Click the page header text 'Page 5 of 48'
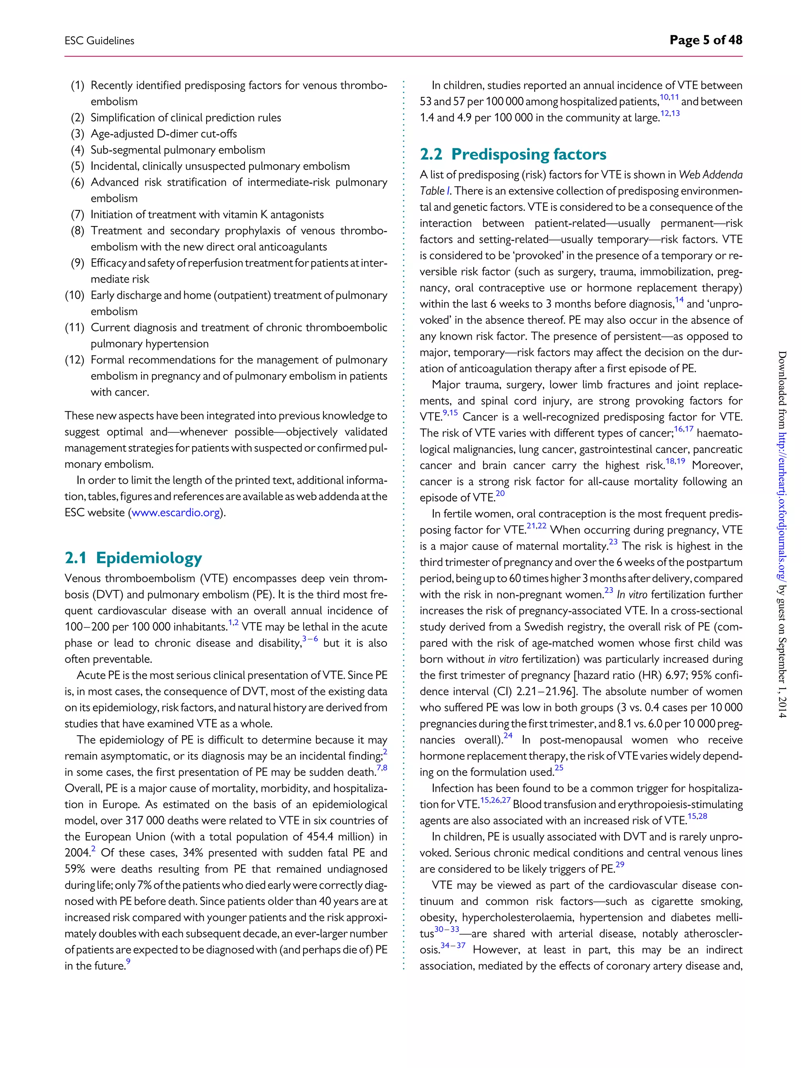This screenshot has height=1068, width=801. (706, 40)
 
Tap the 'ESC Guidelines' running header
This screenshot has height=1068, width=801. (99, 41)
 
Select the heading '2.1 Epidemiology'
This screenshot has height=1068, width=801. (133, 558)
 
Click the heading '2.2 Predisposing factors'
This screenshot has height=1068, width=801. (513, 154)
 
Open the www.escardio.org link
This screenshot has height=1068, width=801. (176, 513)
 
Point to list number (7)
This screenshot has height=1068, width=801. (78, 214)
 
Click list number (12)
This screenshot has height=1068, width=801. (75, 360)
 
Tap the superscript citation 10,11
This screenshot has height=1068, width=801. (669, 97)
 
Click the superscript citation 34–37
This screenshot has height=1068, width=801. (453, 945)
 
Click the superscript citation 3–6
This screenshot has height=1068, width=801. (310, 639)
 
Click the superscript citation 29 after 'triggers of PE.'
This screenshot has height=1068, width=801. (620, 864)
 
